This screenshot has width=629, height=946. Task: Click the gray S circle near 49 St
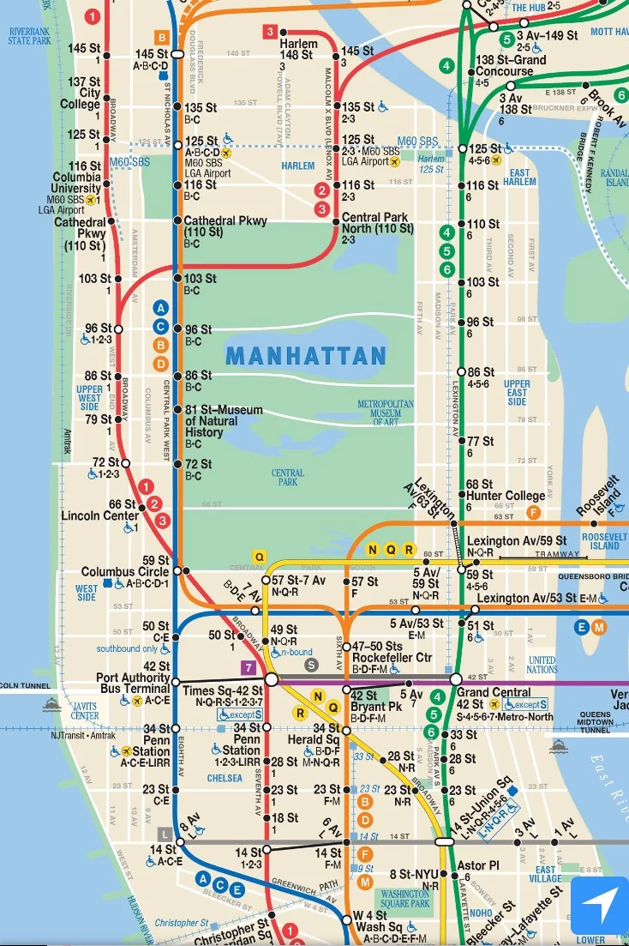coord(312,663)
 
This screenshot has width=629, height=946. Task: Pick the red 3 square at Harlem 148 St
coord(269,33)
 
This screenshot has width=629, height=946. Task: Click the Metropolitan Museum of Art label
coord(386,413)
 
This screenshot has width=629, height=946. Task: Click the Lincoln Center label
coord(99,516)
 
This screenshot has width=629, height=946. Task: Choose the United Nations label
coord(542,664)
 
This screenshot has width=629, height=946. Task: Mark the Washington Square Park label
coord(404,898)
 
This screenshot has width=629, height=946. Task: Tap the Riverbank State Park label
coord(29,34)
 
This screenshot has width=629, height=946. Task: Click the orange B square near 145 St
coord(160,37)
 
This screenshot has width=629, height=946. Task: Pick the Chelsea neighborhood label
coord(225,779)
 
